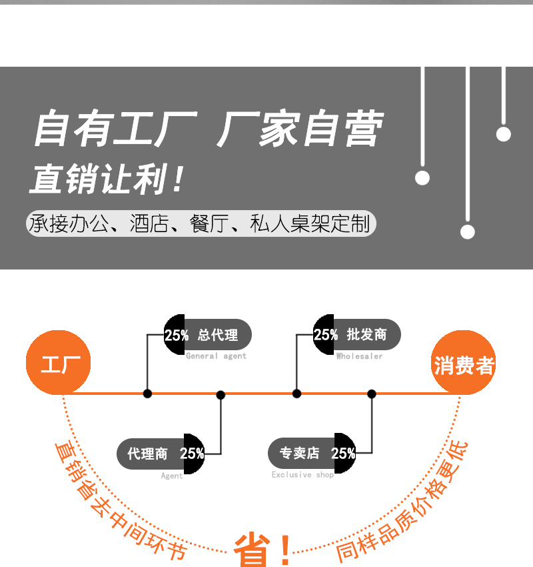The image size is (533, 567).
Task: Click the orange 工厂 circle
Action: [59, 364]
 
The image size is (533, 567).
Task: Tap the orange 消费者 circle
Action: [464, 364]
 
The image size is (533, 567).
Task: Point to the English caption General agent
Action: [216, 356]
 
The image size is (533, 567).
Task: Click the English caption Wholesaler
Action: [359, 356]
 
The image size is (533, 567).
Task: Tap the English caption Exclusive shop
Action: [302, 475]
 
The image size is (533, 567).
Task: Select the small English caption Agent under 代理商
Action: [172, 476]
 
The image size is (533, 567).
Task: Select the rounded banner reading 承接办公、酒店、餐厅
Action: [201, 223]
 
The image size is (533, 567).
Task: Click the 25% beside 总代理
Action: [176, 335]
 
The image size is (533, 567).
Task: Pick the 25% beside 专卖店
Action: [343, 454]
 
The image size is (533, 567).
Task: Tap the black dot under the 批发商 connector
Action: [296, 394]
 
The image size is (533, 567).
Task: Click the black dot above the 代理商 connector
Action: [221, 395]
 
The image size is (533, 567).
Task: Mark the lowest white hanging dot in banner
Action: [468, 231]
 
